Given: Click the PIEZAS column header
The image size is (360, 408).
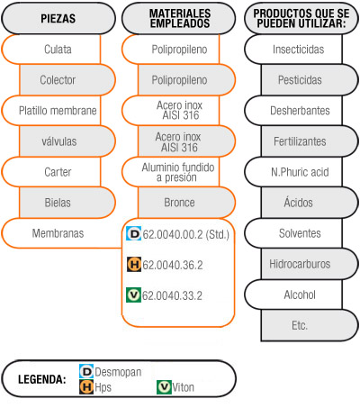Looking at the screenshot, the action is pos(58,18).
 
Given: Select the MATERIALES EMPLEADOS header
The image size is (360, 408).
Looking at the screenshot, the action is pos(179,18).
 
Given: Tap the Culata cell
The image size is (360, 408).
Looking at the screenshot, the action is pos(51,50).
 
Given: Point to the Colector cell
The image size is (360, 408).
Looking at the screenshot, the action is pos(67,80).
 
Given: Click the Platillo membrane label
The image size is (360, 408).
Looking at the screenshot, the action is pos(58,111).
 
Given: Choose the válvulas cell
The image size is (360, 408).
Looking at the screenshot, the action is pos(67,141).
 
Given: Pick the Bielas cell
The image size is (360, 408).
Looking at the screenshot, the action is pos(67,203).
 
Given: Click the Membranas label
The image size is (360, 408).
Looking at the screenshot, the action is pos(58,233).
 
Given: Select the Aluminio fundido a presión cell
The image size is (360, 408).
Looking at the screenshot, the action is pos(171,172).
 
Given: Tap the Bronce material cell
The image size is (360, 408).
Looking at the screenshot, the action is pos(186,203).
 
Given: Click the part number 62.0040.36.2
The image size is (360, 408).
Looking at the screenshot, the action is pos(173,265).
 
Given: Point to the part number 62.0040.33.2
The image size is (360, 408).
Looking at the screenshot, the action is pos(172,295).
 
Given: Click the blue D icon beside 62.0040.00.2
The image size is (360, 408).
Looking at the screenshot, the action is pos(134,233).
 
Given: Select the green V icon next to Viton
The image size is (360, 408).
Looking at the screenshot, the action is pos(164,387).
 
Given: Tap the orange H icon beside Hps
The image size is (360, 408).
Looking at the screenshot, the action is pos(86,387).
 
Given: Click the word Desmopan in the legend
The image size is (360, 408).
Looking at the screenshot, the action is pos(118,372).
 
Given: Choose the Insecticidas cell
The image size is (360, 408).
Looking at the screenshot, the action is pos(293,50).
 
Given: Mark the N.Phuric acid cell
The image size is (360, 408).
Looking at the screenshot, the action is pos(293,172).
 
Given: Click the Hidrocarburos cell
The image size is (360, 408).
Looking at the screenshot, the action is pos(310,264).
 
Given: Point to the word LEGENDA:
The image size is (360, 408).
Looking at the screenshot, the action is pos(42,379).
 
